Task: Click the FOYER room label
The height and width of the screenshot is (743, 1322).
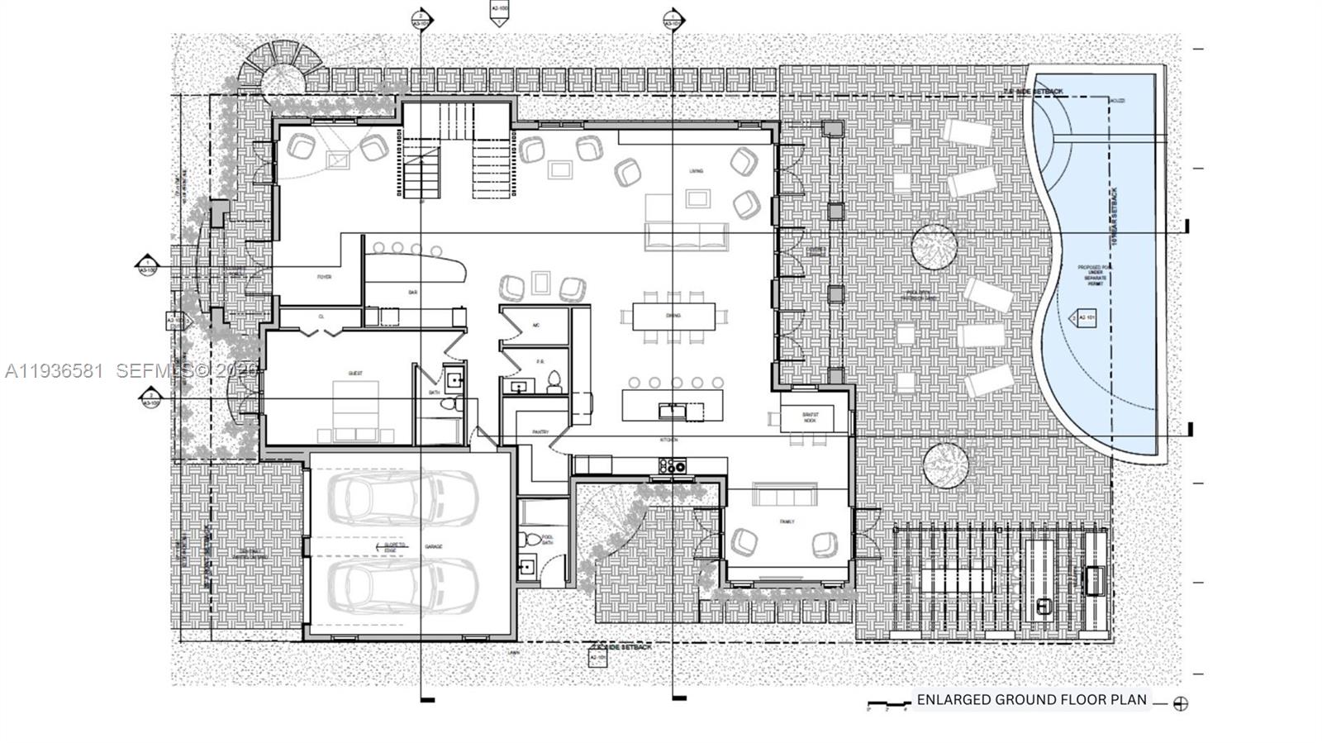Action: (x=324, y=277)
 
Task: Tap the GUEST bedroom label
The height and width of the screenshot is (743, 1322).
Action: (x=355, y=374)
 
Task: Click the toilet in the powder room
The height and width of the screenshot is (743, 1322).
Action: (x=554, y=381)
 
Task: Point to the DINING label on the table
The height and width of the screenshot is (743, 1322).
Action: (x=673, y=316)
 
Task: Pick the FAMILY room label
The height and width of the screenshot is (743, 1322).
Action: (x=787, y=522)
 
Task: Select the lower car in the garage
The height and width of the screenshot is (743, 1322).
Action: (x=402, y=585)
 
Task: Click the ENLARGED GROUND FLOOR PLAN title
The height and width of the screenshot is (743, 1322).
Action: (x=1031, y=699)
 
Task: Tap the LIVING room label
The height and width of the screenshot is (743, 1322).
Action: (x=697, y=171)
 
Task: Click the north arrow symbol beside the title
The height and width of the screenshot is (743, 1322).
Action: (x=1181, y=704)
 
